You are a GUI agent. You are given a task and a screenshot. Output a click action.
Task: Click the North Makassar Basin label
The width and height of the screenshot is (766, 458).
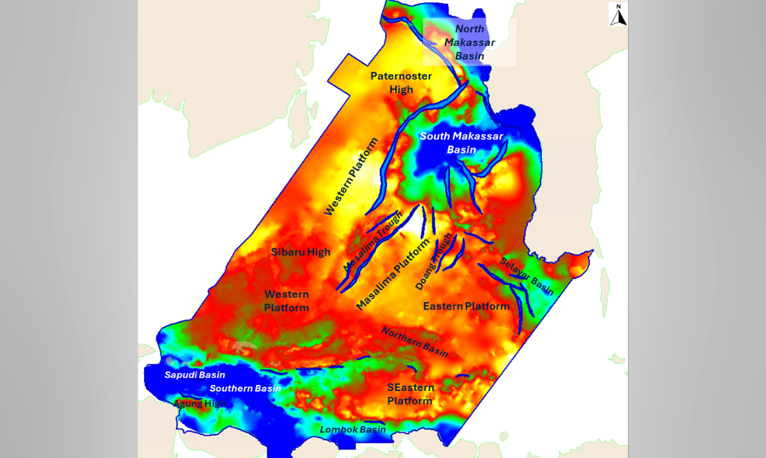tap(470, 43)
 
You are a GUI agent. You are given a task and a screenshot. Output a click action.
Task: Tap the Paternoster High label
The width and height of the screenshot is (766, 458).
tap(401, 83)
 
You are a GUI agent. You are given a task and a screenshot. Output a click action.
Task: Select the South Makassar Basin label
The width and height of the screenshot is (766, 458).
tap(462, 143)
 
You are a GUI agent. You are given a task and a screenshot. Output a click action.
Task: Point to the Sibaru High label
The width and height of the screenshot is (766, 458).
tap(301, 252)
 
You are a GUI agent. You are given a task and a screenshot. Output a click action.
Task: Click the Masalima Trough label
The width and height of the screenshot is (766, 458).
tap(373, 242)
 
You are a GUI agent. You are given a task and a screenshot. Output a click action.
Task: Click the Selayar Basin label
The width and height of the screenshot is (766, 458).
tap(527, 276)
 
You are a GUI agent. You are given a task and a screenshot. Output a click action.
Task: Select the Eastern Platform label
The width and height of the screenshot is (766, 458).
tap(467, 306)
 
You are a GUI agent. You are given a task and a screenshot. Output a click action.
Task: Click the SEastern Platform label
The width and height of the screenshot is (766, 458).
tap(410, 394)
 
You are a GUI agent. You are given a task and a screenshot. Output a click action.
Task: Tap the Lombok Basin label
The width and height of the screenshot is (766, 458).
tap(353, 429)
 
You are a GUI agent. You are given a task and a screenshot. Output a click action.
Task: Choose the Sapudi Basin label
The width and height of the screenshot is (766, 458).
tap(195, 375)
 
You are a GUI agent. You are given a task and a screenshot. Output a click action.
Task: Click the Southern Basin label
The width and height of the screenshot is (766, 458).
tap(245, 389)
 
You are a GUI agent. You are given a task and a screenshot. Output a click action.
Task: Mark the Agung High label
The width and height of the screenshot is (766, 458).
tap(199, 403)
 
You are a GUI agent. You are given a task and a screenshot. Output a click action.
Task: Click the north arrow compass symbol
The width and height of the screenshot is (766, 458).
tap(618, 15)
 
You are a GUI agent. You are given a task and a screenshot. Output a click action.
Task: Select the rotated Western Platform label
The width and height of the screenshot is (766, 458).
tap(351, 177)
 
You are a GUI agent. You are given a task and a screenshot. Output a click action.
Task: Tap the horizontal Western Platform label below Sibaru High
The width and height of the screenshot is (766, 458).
tap(287, 301)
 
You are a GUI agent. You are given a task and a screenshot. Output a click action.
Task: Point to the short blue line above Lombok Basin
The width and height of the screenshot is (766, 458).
tap(374, 422)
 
